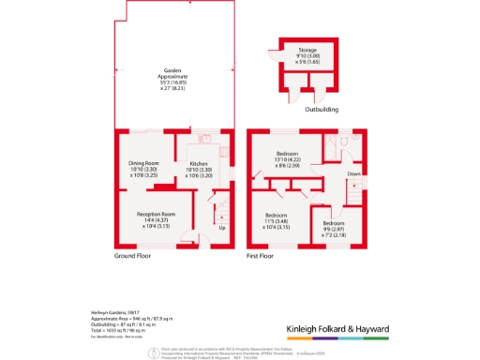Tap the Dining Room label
[x=150, y=169]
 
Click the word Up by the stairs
[x=221, y=228]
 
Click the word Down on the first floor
[x=352, y=174]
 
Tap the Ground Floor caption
[x=133, y=255]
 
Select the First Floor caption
[x=260, y=255]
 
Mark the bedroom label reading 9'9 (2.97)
[x=334, y=229]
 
